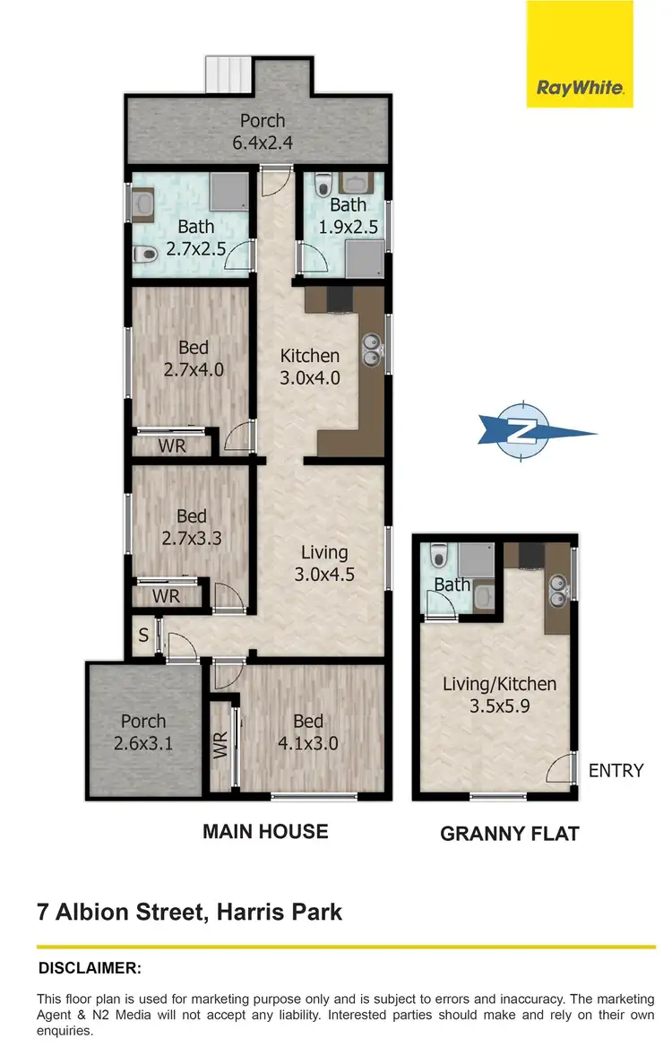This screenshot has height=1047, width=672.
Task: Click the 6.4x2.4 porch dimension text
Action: [262, 142]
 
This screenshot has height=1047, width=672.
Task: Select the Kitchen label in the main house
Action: [310, 356]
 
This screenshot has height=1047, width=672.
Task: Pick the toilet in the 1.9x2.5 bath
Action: [324, 185]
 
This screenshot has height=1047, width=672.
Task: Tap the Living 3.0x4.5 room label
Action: [323, 552]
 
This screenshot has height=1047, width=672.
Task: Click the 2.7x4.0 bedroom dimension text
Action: [193, 368]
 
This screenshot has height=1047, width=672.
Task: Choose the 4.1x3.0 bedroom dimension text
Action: [308, 742]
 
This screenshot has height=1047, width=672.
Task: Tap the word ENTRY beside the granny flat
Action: [616, 771]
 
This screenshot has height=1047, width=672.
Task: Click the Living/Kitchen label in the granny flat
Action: [499, 684]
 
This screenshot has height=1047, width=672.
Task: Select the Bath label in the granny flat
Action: [452, 584]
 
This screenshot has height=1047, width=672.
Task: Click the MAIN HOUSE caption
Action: [265, 832]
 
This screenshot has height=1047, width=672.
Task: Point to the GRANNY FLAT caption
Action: [509, 834]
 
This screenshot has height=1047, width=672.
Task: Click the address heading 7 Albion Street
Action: [189, 913]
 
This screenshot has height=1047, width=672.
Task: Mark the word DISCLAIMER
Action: [90, 968]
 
